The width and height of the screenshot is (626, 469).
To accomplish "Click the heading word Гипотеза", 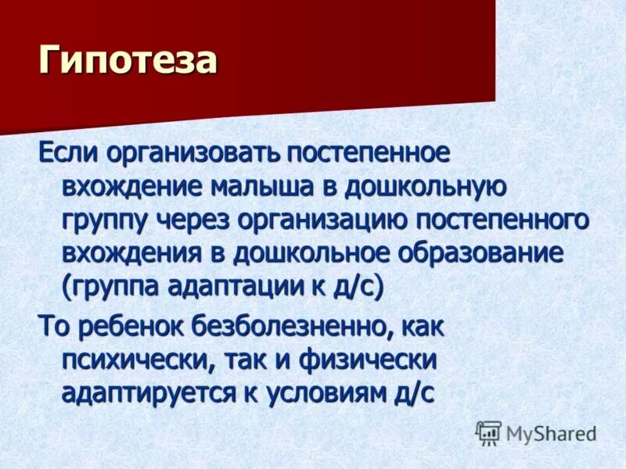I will click(x=127, y=61).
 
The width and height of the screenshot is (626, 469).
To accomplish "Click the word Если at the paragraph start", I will click(x=68, y=153).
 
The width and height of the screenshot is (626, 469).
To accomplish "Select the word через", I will click(x=197, y=220).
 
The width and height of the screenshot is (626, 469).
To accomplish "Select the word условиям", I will click(x=328, y=394).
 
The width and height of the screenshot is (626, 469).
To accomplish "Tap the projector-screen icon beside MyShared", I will click(x=488, y=432).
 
